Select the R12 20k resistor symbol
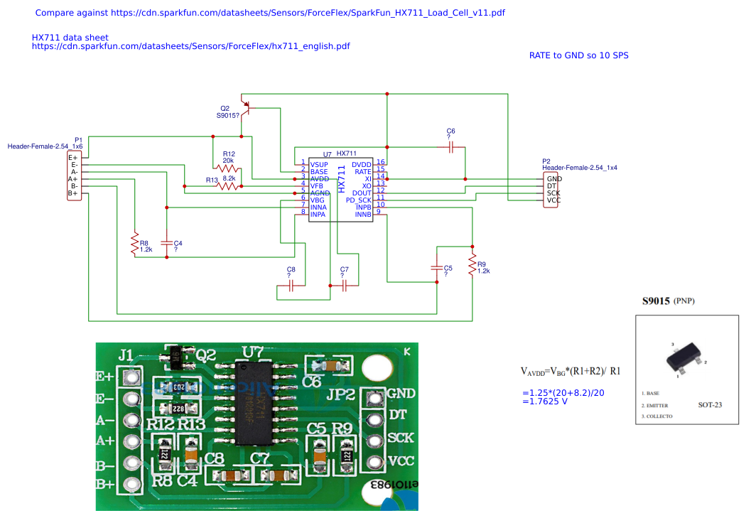pyautogui.click(x=228, y=171)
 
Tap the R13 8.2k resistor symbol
pyautogui.click(x=228, y=185)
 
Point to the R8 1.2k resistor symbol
pyautogui.click(x=134, y=244)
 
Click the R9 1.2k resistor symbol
pyautogui.click(x=471, y=265)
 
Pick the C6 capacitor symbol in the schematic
pyautogui.click(x=450, y=148)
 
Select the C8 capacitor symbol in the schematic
pyautogui.click(x=291, y=286)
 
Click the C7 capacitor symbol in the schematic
pyautogui.click(x=345, y=286)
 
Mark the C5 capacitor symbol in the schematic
pyautogui.click(x=436, y=268)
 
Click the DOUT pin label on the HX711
pyautogui.click(x=362, y=193)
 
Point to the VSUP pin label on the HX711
pyautogui.click(x=319, y=164)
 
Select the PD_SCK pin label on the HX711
pyautogui.click(x=359, y=200)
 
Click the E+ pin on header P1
pyautogui.click(x=73, y=158)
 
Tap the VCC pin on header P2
pyautogui.click(x=553, y=200)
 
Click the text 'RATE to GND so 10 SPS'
pyautogui.click(x=578, y=55)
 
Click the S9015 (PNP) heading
pyautogui.click(x=669, y=301)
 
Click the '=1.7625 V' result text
pyautogui.click(x=545, y=401)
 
